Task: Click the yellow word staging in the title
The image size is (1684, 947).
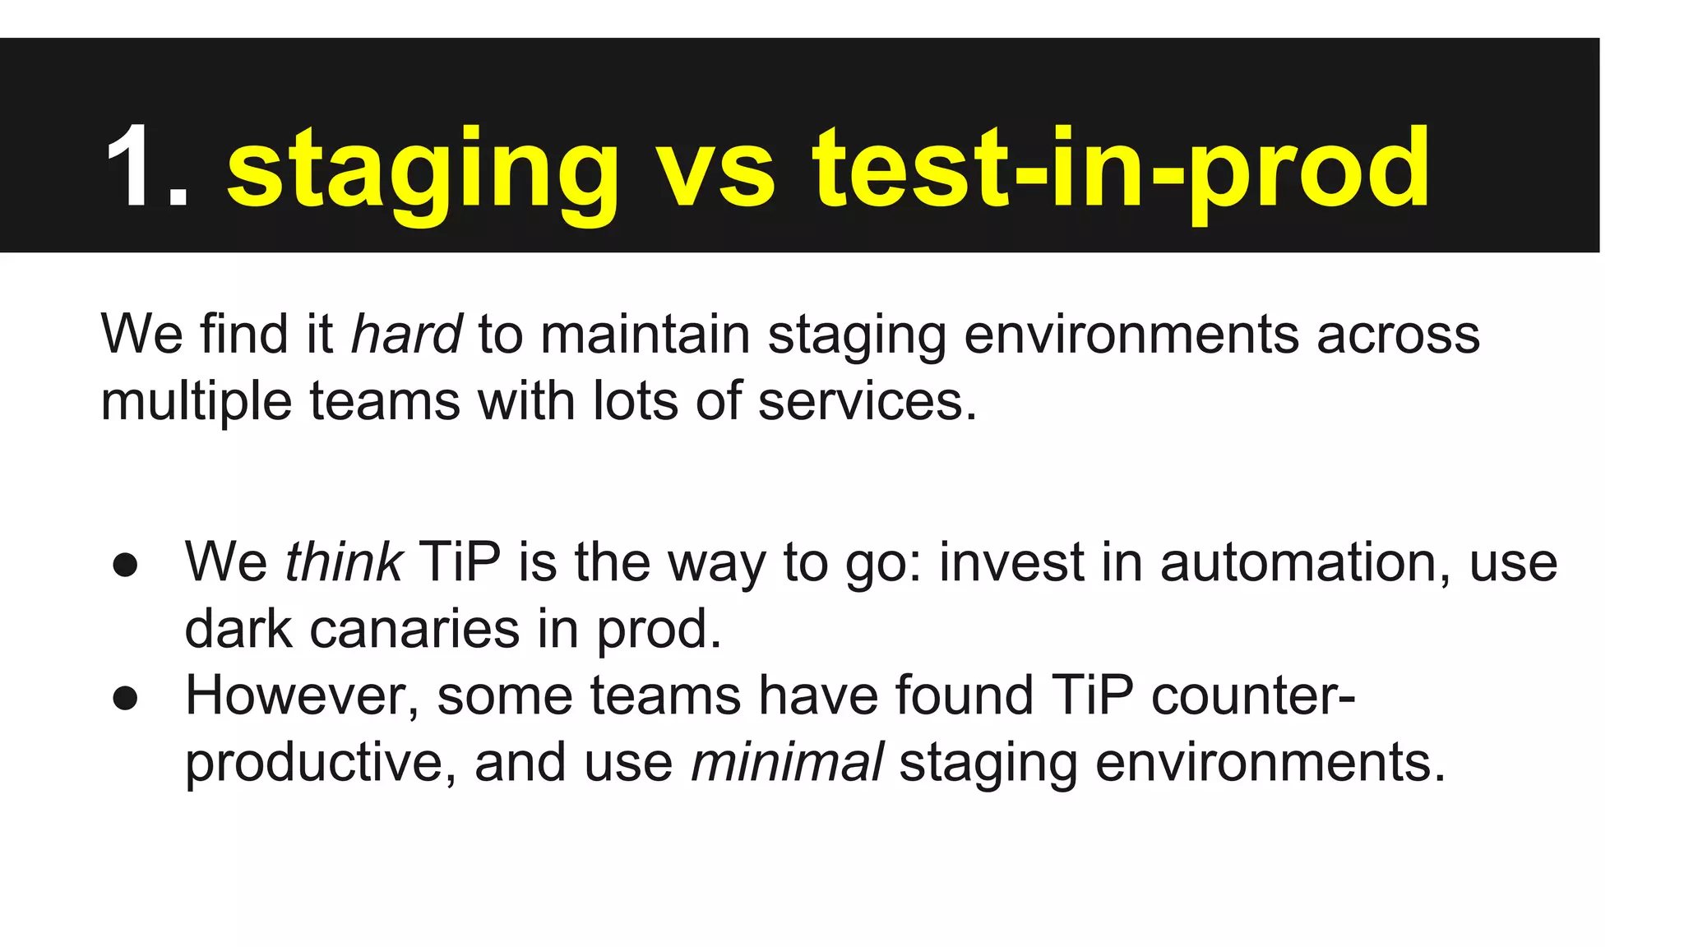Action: pos(422,173)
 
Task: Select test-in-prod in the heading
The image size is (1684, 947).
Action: pos(1122,173)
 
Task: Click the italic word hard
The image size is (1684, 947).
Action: pos(406,335)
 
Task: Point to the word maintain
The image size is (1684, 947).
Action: pos(645,335)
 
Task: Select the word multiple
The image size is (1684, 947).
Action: pos(196,403)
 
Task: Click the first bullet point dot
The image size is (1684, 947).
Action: pos(125,566)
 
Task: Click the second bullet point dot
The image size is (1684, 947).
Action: pos(125,699)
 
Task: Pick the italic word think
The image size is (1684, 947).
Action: pos(343,562)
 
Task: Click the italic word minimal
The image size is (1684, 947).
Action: pos(787,762)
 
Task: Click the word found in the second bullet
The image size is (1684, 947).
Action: pos(964,695)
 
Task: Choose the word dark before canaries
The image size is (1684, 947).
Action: pos(238,629)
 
